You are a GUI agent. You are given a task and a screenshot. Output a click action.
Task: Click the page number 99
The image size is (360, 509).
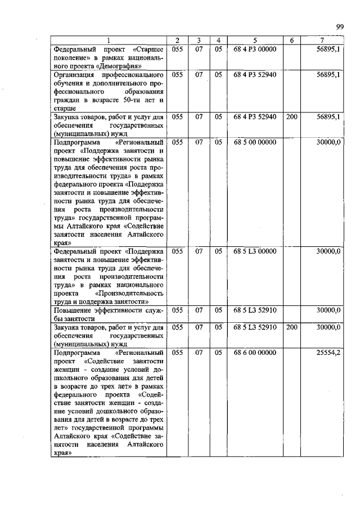(x=340, y=26)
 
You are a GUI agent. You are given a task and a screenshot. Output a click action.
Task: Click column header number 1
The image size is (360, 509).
(x=109, y=40)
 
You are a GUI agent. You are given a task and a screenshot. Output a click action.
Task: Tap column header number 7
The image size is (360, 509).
(x=321, y=40)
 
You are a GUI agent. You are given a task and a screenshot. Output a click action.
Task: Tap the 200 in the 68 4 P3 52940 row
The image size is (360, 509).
(x=291, y=117)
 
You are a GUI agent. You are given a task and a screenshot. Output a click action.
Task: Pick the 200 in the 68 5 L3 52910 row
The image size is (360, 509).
(x=291, y=327)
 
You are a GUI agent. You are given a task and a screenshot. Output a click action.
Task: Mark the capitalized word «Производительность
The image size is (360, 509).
(x=130, y=293)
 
